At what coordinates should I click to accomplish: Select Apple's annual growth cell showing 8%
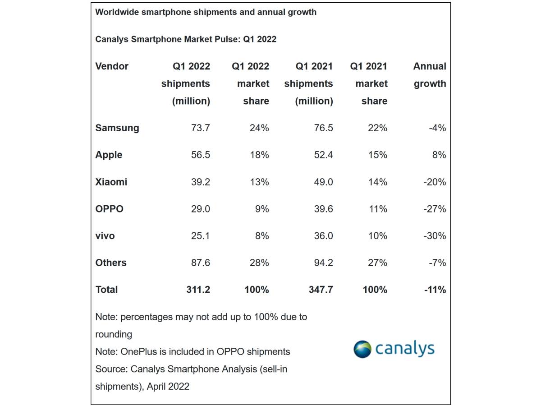tap(438, 155)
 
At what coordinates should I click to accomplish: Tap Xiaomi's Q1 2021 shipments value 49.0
tap(321, 182)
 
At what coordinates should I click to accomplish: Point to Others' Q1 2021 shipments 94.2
tap(321, 263)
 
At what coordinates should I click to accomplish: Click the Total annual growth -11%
tap(435, 290)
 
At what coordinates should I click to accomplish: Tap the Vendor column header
tap(112, 66)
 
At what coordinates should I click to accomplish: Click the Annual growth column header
tap(429, 75)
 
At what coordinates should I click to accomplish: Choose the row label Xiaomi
tap(111, 182)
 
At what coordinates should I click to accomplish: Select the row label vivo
tap(105, 236)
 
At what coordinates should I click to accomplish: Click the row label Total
tap(106, 290)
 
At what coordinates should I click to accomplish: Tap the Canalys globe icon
tap(363, 349)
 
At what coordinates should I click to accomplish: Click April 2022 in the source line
tap(168, 387)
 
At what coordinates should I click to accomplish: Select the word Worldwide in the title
tap(117, 12)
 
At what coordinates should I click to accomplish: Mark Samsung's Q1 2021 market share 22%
tap(377, 128)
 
